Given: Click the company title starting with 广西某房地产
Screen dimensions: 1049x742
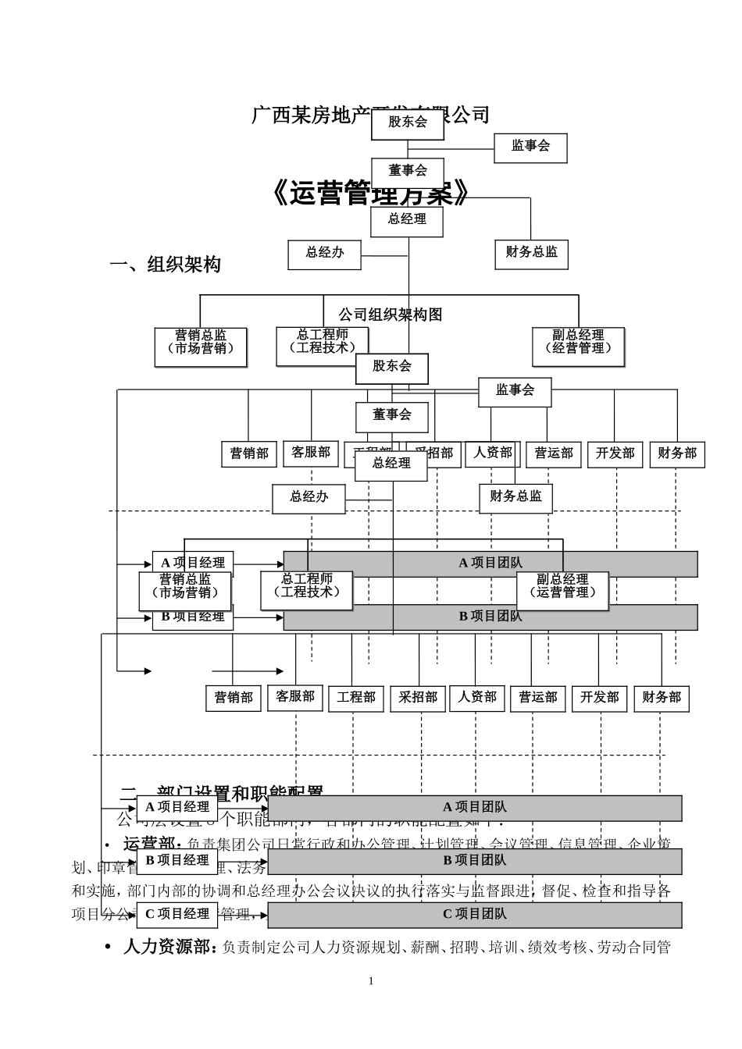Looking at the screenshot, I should (x=312, y=116).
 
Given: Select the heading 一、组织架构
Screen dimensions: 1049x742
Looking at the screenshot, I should (x=166, y=265).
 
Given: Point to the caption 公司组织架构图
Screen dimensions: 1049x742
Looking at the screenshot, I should (x=390, y=315).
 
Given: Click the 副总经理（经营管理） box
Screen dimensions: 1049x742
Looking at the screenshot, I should (x=579, y=347).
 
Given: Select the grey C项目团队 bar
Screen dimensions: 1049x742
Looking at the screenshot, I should (x=475, y=914).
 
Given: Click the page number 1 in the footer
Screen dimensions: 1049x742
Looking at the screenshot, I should (x=371, y=981).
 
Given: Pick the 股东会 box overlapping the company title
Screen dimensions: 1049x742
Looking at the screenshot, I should (x=407, y=123).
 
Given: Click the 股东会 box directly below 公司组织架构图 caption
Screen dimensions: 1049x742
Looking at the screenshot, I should (x=391, y=368).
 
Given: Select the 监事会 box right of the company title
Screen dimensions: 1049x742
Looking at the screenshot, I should (x=530, y=147).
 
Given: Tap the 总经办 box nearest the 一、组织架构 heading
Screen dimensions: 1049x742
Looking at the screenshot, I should (x=324, y=254).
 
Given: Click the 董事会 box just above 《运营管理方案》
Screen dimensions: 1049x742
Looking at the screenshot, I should (x=407, y=171).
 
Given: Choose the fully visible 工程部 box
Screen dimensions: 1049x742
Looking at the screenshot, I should (x=356, y=698).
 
